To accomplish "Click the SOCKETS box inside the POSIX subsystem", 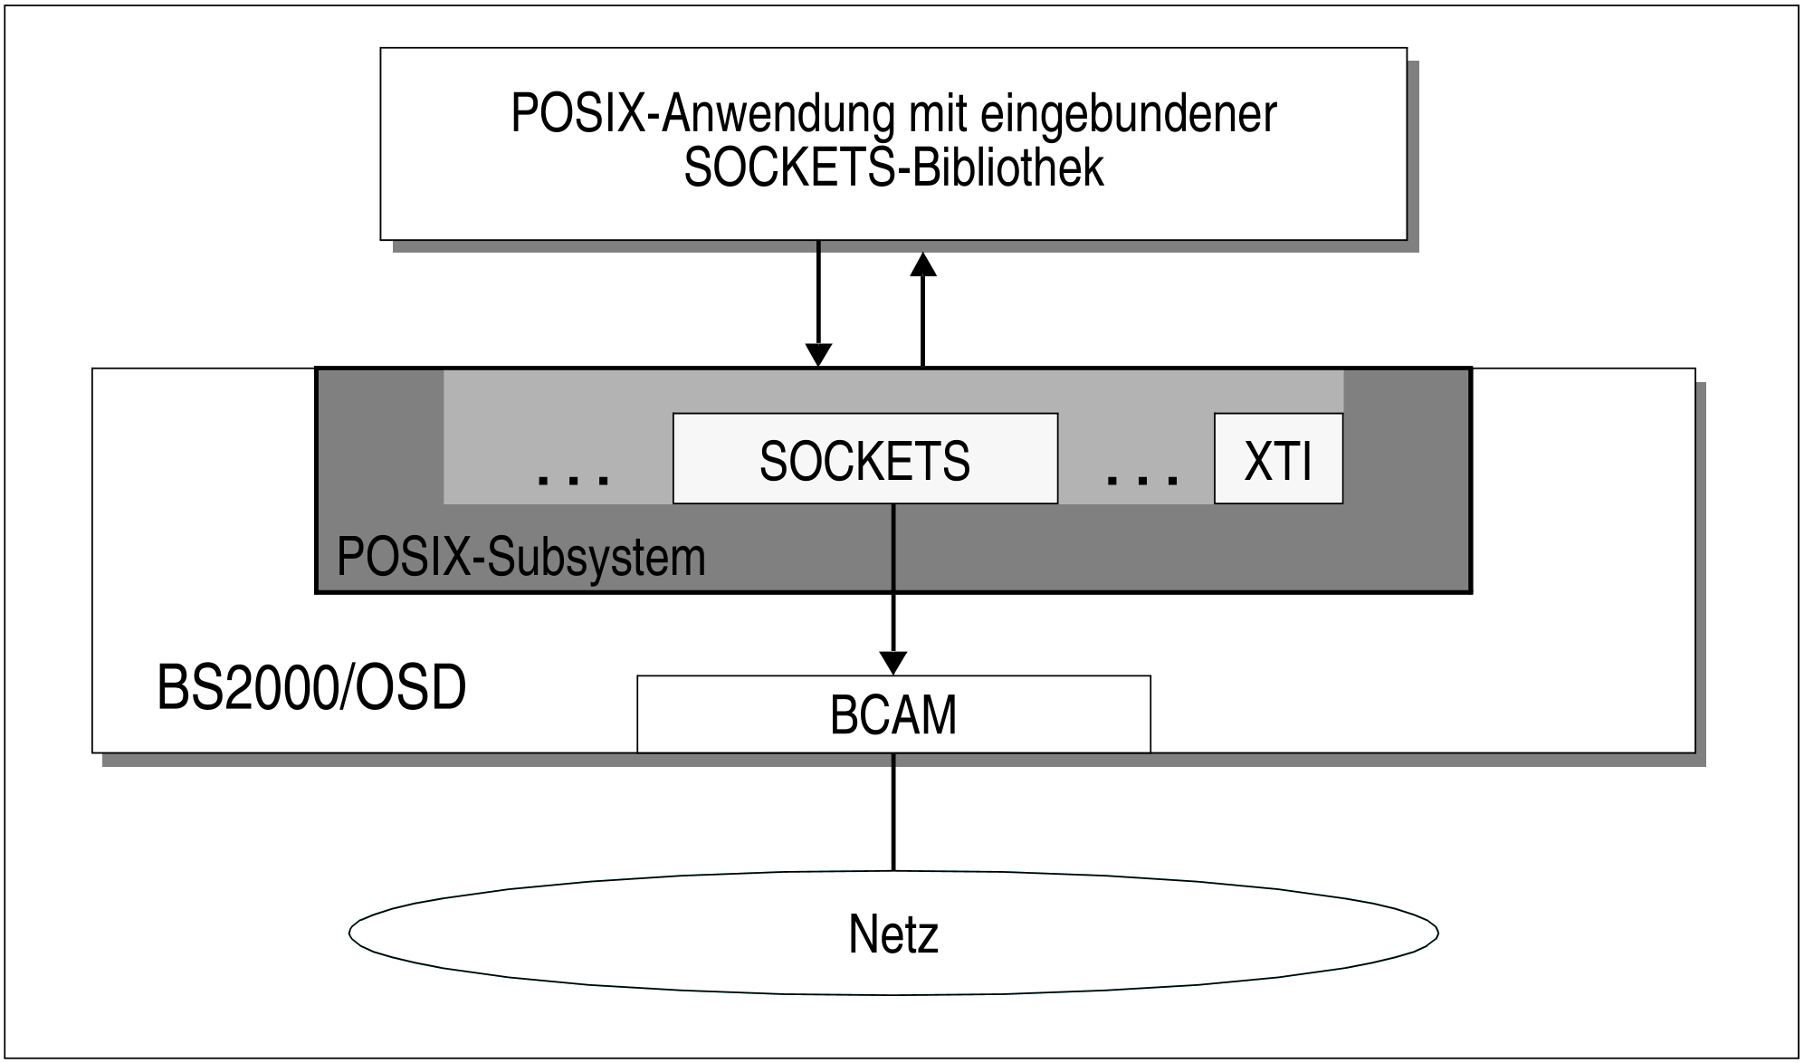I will [864, 459].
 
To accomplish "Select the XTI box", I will [1278, 459].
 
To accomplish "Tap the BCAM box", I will [893, 715].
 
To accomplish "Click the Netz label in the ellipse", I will [893, 934].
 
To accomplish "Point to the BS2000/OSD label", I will [311, 688].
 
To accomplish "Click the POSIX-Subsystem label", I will [520, 557].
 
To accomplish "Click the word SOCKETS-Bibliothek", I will [893, 168].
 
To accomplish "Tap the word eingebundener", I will [1128, 114].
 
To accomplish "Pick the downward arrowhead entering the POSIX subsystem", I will [818, 355].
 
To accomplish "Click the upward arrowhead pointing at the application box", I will [922, 263].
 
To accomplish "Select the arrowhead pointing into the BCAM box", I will [893, 663].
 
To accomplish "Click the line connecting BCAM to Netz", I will [893, 810].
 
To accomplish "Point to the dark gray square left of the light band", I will [380, 435].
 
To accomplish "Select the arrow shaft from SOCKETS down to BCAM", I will [893, 579].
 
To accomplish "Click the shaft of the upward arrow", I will [922, 321].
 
